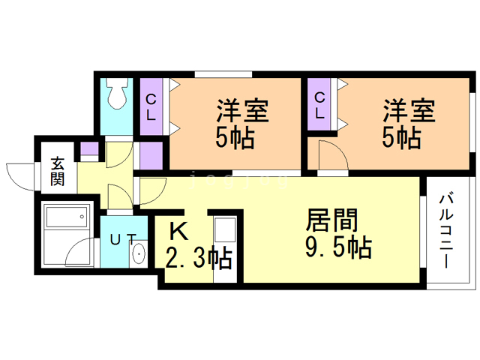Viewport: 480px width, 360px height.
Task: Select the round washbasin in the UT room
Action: click(x=139, y=255)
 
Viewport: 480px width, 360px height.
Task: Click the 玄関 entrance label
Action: click(x=58, y=171)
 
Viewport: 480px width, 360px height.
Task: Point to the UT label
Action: click(x=123, y=240)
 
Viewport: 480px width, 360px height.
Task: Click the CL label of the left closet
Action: click(x=151, y=106)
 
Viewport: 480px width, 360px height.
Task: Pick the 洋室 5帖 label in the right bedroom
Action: click(x=408, y=124)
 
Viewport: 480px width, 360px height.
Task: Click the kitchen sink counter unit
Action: click(x=225, y=247)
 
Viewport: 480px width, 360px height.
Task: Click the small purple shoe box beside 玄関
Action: click(x=88, y=150)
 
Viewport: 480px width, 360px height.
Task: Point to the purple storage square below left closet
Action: click(x=151, y=154)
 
